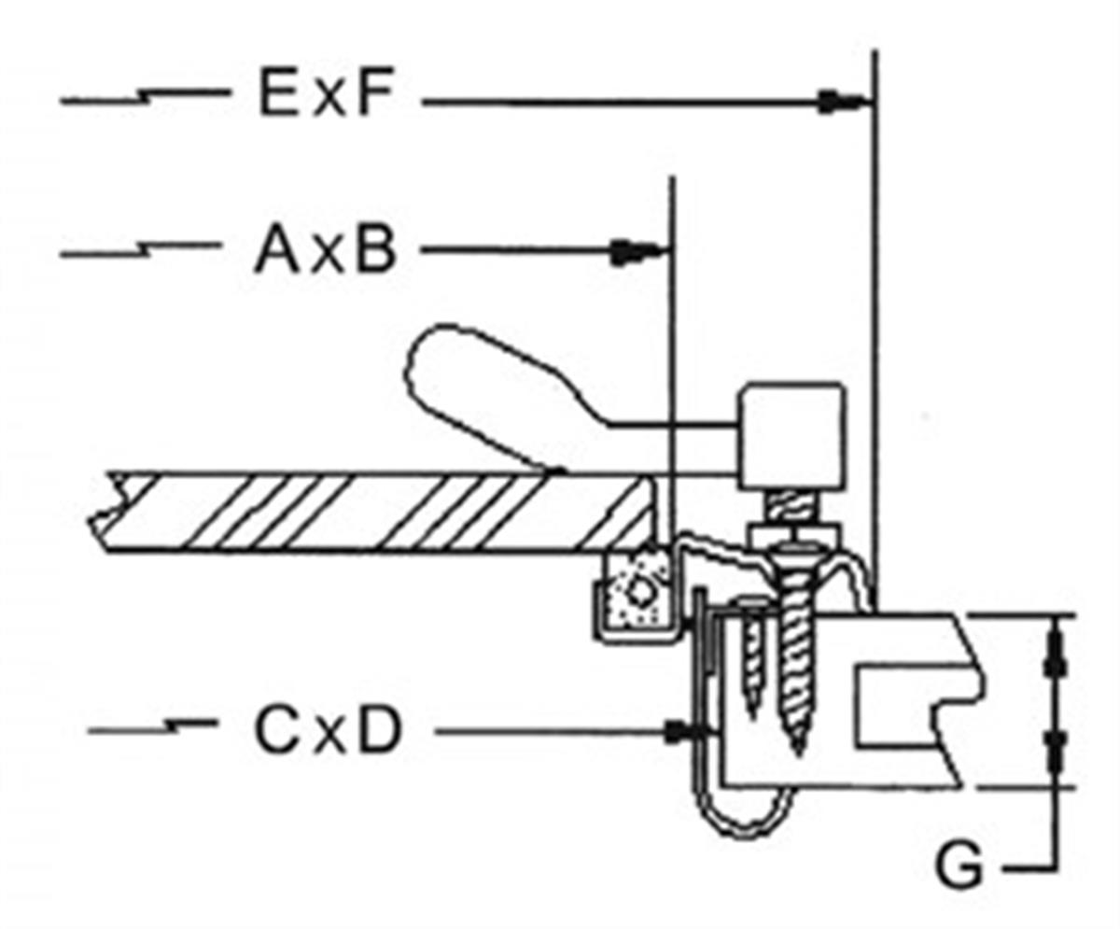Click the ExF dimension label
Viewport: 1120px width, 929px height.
(x=322, y=96)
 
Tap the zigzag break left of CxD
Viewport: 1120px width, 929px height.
(x=170, y=727)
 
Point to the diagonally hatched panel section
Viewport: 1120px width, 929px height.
(x=373, y=513)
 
